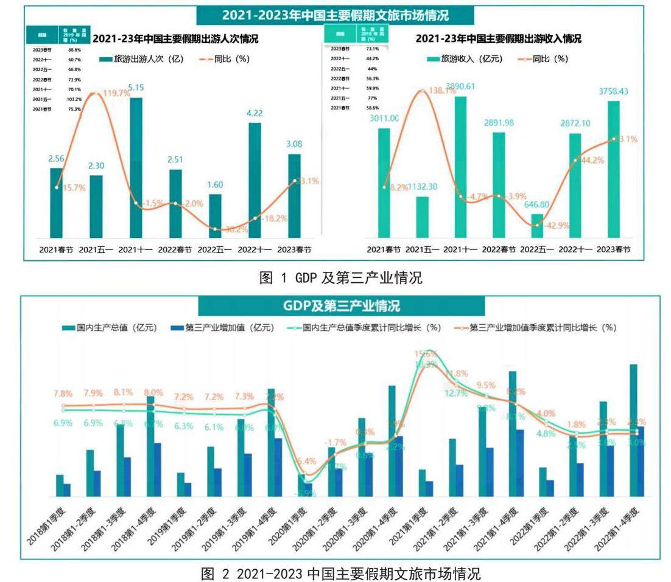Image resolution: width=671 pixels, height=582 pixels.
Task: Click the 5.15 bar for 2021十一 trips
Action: pyautogui.click(x=136, y=167)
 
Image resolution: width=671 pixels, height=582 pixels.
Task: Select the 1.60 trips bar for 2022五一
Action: pyautogui.click(x=215, y=216)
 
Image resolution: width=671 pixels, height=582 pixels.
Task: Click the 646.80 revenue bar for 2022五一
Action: pyautogui.click(x=536, y=226)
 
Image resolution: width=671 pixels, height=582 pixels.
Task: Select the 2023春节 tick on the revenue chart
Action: pyautogui.click(x=613, y=249)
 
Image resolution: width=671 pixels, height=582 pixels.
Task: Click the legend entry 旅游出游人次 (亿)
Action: pyautogui.click(x=135, y=59)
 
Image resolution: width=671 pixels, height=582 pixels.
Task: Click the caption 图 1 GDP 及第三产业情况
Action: pyautogui.click(x=340, y=279)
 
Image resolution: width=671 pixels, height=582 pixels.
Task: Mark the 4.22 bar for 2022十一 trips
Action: pyautogui.click(x=255, y=180)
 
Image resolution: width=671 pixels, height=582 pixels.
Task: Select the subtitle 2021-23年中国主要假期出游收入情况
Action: pyautogui.click(x=498, y=39)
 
